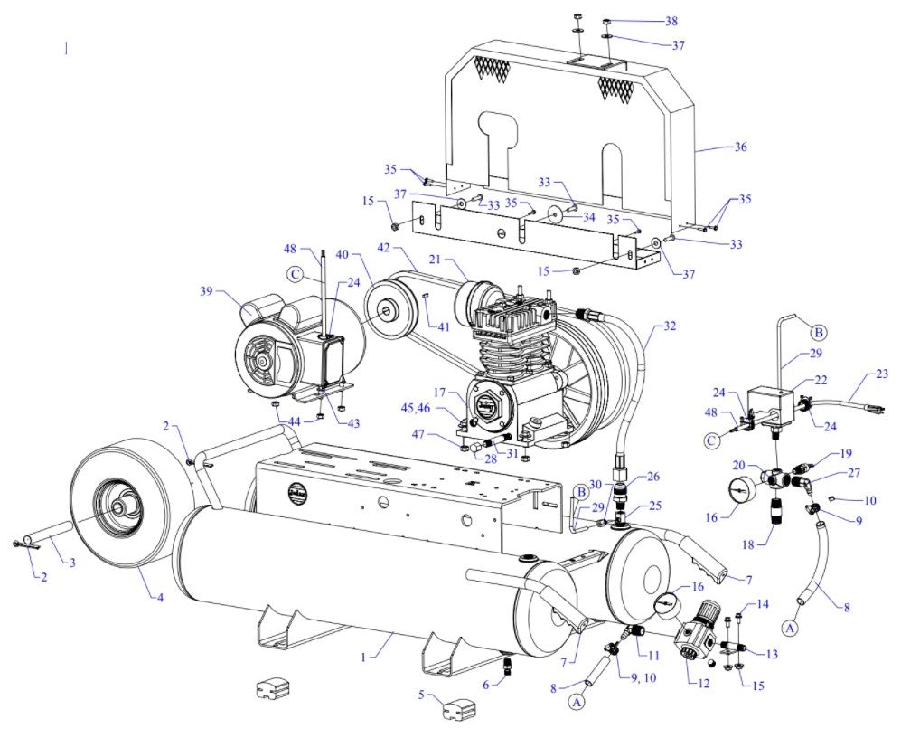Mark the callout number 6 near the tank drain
[x=486, y=685]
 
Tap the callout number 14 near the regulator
[x=762, y=603]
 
